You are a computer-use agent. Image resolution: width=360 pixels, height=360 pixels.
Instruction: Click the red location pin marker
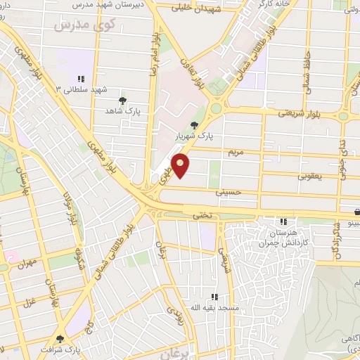[x=181, y=165]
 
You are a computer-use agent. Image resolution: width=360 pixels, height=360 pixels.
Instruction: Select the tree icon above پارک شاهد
[x=123, y=101]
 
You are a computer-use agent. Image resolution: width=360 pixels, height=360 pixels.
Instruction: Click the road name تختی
[x=201, y=216]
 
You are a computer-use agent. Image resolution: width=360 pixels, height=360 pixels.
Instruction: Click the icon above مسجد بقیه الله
[x=214, y=297]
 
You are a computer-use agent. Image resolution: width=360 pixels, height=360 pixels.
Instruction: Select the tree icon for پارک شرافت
[x=60, y=338]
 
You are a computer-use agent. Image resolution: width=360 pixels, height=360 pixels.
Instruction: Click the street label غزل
[x=29, y=303]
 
